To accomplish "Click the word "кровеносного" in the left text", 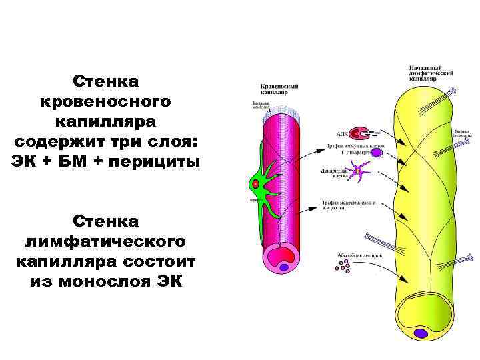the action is click(x=106, y=102).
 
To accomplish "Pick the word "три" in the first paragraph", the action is click(x=125, y=141).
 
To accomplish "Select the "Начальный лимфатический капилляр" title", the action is click(x=431, y=73).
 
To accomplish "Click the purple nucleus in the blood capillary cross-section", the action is click(x=285, y=267).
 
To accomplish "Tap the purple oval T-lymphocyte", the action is click(x=377, y=153).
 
